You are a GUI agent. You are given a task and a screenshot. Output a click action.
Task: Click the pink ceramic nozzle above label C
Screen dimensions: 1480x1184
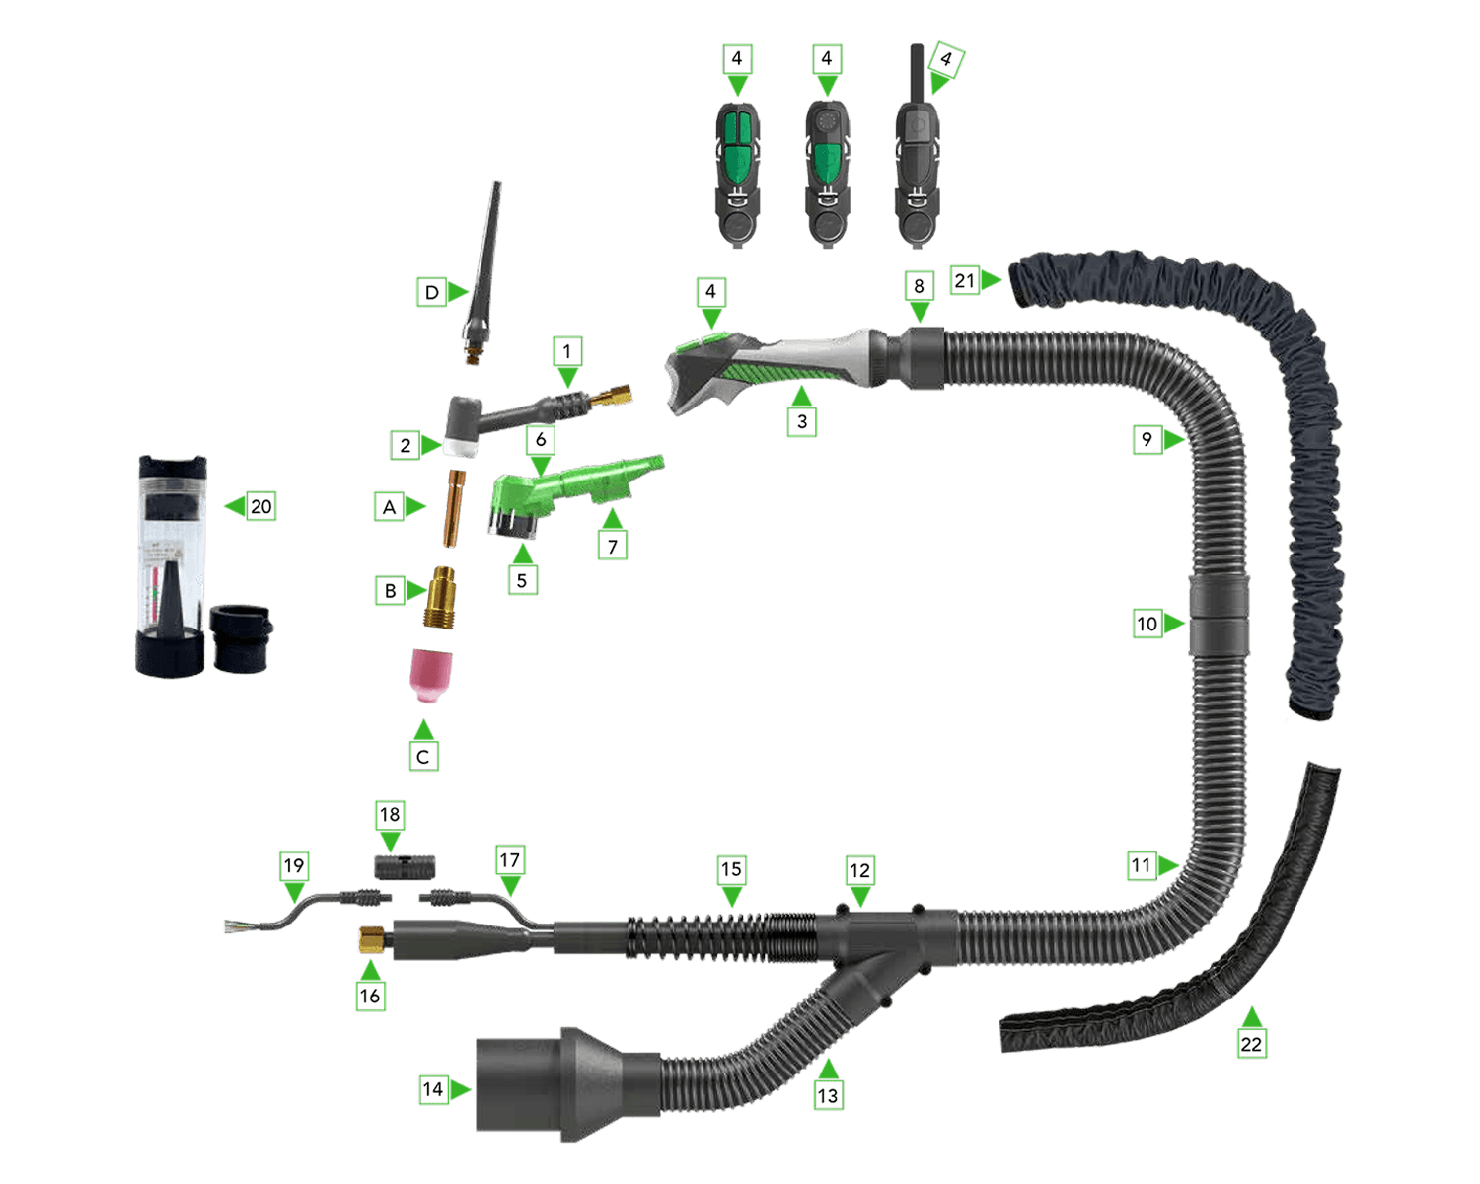click(x=430, y=675)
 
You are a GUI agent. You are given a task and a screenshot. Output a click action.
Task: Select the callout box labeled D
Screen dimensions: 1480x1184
click(x=431, y=292)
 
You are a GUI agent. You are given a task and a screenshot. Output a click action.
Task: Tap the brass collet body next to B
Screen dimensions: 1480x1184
click(x=440, y=597)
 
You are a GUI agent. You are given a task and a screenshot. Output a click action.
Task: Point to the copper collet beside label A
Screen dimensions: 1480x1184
click(x=454, y=508)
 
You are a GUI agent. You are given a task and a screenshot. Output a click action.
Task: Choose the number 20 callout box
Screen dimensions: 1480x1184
click(x=260, y=506)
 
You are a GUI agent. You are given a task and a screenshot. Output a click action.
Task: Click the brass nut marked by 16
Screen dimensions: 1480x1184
click(x=372, y=939)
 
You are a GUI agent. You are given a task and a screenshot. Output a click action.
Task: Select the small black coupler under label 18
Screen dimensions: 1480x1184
click(x=405, y=867)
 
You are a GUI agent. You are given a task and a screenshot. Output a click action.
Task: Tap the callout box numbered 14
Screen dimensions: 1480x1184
click(x=432, y=1089)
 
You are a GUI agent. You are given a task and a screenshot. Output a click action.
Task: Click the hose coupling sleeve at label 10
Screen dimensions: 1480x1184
click(x=1219, y=615)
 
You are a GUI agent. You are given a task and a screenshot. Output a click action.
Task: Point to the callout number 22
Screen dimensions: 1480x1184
click(x=1251, y=1044)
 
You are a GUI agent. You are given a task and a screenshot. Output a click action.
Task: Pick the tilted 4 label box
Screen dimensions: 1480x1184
click(x=946, y=60)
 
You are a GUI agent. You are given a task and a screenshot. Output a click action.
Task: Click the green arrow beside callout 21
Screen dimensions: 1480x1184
click(x=991, y=280)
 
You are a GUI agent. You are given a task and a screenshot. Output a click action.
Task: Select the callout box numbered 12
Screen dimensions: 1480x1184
click(x=859, y=871)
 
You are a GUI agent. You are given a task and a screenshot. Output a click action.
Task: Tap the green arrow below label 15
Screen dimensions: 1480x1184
click(x=732, y=897)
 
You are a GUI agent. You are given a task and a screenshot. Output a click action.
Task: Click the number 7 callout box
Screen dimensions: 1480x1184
click(x=612, y=547)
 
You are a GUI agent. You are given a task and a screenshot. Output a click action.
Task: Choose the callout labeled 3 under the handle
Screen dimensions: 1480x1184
click(x=802, y=421)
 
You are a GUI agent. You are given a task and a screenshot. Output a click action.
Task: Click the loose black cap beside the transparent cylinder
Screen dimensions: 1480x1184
click(x=240, y=637)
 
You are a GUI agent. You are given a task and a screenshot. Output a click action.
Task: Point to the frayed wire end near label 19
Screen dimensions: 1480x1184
click(x=235, y=926)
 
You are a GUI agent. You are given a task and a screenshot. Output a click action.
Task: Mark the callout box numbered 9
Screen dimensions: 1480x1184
click(x=1147, y=439)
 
